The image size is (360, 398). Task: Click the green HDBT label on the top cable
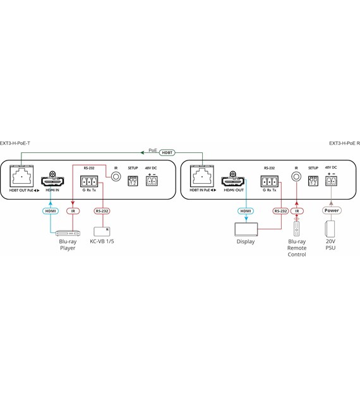click(167, 152)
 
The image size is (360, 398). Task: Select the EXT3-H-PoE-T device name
click(15, 143)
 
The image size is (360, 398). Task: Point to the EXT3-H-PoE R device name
click(344, 143)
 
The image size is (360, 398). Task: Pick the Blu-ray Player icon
click(67, 232)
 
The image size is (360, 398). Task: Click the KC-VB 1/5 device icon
click(102, 231)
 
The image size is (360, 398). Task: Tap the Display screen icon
click(246, 229)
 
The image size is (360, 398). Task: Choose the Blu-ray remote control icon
click(297, 228)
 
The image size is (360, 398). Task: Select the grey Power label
click(331, 210)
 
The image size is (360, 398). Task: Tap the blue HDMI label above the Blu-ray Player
click(51, 210)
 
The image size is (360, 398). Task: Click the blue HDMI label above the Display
click(246, 210)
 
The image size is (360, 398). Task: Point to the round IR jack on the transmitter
click(116, 177)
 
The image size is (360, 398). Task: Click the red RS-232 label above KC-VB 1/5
click(102, 210)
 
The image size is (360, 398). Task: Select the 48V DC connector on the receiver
click(331, 181)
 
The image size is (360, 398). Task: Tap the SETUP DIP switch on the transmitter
click(133, 181)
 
